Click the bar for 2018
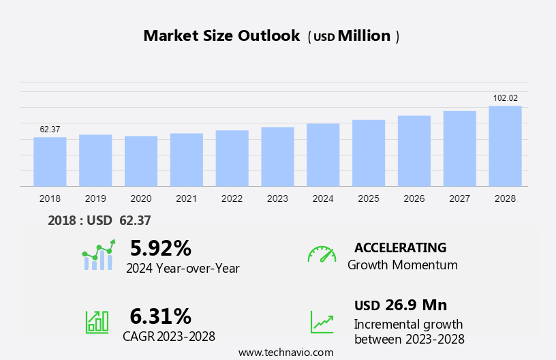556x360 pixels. [x=50, y=162]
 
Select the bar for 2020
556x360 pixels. [x=141, y=161]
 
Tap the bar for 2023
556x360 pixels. [x=277, y=157]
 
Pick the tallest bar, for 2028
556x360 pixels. [x=505, y=146]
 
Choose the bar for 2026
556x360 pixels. [x=414, y=151]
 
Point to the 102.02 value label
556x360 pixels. [x=505, y=98]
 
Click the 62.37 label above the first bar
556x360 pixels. [x=50, y=130]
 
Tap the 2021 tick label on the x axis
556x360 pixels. [x=186, y=198]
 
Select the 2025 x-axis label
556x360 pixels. [x=369, y=198]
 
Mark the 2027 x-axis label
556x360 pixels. [x=460, y=198]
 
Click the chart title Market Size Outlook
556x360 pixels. [x=221, y=36]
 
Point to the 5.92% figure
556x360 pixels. [x=160, y=247]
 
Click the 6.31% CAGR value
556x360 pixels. [x=160, y=316]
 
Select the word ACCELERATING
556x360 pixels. [x=401, y=247]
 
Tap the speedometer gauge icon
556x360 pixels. [x=322, y=254]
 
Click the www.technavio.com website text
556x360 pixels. [x=286, y=352]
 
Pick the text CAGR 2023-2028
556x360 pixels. [x=169, y=336]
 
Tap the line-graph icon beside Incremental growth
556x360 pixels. [x=322, y=321]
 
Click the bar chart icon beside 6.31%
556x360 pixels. [x=97, y=321]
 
